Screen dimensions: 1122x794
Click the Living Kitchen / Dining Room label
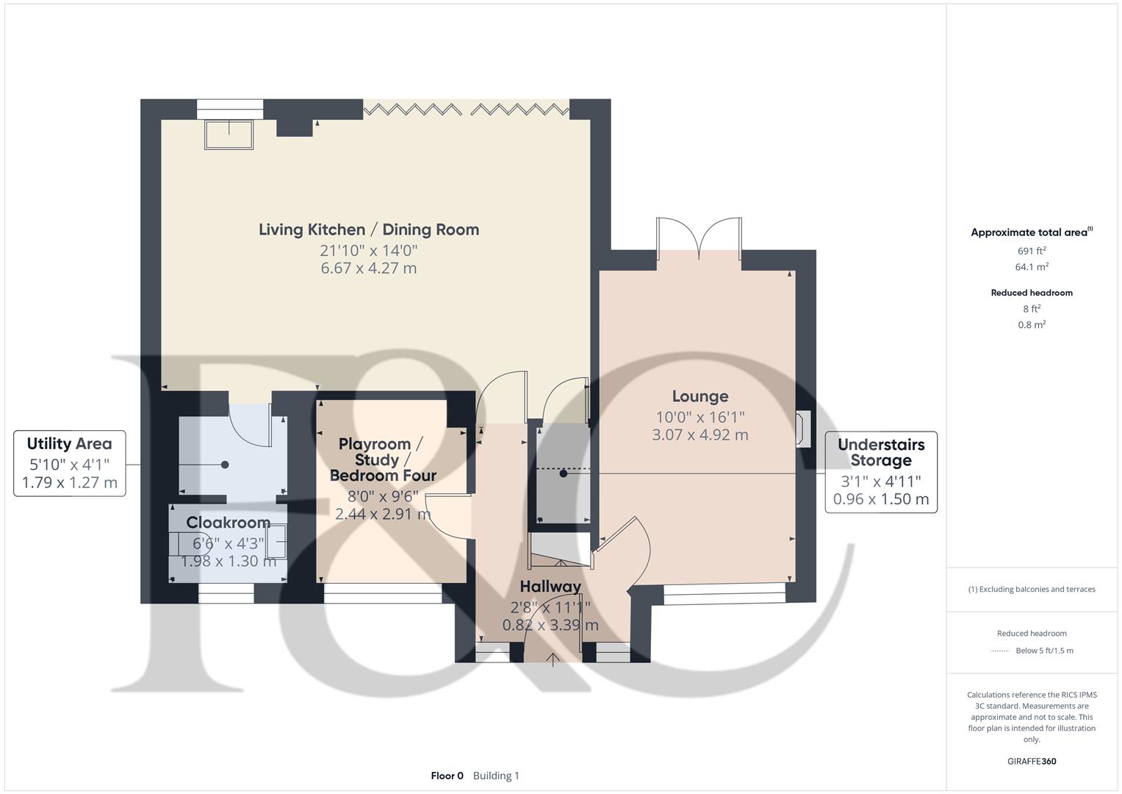click(x=369, y=229)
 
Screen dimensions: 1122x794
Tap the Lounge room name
click(x=700, y=396)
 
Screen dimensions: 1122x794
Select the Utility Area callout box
click(x=70, y=463)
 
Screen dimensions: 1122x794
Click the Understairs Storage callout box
click(x=881, y=472)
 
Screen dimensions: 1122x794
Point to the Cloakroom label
click(x=229, y=522)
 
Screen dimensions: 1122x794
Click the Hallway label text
click(x=550, y=587)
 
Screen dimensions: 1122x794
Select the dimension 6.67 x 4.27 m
click(x=369, y=268)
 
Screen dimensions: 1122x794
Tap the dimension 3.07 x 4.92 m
click(x=700, y=434)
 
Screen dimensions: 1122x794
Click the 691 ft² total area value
click(x=1032, y=251)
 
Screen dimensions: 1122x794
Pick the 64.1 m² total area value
click(x=1032, y=267)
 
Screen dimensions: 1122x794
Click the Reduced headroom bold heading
click(x=1032, y=293)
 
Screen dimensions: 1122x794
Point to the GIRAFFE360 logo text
click(x=1032, y=761)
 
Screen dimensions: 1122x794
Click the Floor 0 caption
click(x=447, y=776)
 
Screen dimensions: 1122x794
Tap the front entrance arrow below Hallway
click(x=553, y=659)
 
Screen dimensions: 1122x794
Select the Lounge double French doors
click(x=699, y=239)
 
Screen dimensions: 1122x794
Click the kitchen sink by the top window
click(x=229, y=135)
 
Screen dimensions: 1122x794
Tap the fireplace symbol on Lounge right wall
click(x=803, y=429)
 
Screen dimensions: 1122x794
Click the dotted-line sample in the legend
click(x=1000, y=651)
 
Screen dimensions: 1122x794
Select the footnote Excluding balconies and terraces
click(x=1032, y=589)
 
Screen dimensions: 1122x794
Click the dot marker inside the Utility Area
click(x=225, y=465)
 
